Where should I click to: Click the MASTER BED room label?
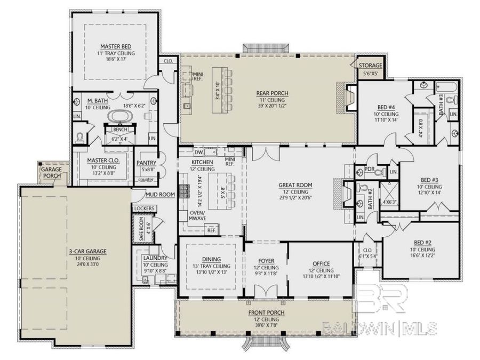[x=115, y=46]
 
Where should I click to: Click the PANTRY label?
[x=146, y=163]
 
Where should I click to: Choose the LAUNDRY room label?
[x=155, y=258]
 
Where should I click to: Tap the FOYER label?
[x=265, y=261]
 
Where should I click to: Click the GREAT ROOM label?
[x=295, y=185]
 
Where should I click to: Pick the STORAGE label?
[x=370, y=66]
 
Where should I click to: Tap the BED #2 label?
[x=422, y=242]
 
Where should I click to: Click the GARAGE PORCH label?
[x=52, y=172]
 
